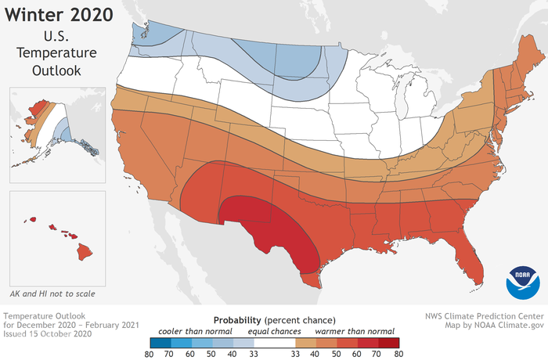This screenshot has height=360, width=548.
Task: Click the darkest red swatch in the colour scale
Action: (x=388, y=342)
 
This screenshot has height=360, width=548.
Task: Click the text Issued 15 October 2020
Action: (x=48, y=333)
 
